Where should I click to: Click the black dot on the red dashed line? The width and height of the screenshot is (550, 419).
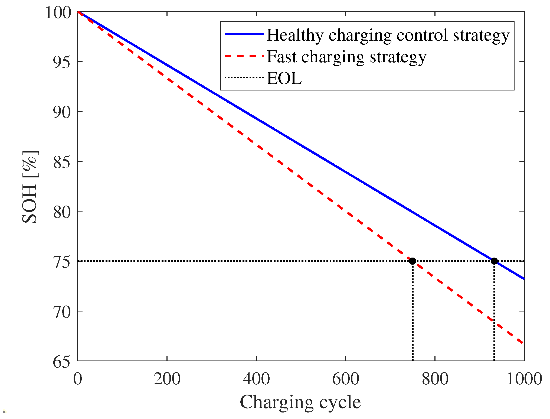tap(412, 261)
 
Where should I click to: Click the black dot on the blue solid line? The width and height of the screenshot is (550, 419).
tap(494, 261)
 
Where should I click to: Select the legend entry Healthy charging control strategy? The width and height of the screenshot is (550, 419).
tap(388, 35)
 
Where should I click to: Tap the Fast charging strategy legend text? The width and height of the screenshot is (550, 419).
tap(346, 57)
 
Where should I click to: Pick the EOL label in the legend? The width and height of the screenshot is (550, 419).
tap(284, 79)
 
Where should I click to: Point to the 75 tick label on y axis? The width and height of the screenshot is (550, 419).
tap(62, 262)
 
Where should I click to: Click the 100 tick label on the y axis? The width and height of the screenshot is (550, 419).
tap(58, 12)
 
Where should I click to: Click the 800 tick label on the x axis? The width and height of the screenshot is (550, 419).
tap(435, 379)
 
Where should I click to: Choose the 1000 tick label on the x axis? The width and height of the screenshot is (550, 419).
tap(524, 379)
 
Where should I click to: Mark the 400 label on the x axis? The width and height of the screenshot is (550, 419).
tap(256, 379)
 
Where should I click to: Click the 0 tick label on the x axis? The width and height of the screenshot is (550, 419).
tap(78, 379)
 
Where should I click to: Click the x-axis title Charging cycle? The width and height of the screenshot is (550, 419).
tap(300, 402)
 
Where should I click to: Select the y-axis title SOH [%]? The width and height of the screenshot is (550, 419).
tap(30, 187)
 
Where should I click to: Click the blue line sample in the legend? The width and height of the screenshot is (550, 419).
tap(244, 34)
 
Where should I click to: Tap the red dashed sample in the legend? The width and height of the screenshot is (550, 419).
tap(244, 56)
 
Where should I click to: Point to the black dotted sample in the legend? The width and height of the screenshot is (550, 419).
tap(244, 78)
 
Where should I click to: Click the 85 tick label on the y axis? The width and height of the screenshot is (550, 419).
tap(62, 162)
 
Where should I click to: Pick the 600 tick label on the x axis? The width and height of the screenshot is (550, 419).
tap(346, 379)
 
